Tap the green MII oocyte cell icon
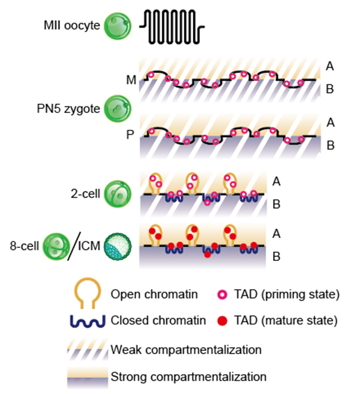pyautogui.click(x=117, y=25)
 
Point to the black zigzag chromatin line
pyautogui.click(x=172, y=25)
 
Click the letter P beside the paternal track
pyautogui.click(x=130, y=135)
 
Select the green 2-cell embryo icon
pyautogui.click(x=117, y=193)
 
